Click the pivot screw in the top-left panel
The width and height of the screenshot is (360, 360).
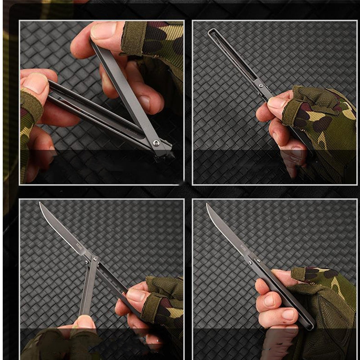click(x=156, y=143)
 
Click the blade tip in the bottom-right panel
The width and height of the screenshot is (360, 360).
click(x=207, y=205)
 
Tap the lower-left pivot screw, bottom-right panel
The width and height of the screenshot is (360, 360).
click(x=250, y=261)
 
